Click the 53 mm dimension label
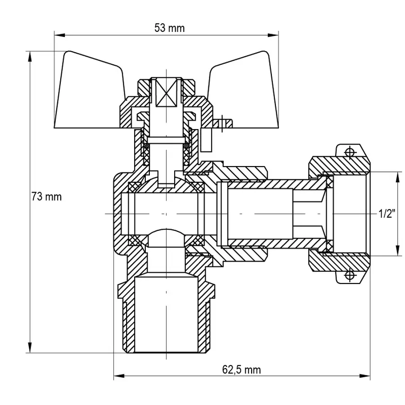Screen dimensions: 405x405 [170, 28]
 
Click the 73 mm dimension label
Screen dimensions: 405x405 [46, 197]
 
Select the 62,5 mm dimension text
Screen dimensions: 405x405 [241, 370]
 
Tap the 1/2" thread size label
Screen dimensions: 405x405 [387, 214]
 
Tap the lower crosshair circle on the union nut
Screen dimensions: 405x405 [349, 274]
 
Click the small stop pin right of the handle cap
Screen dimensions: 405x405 [222, 122]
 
